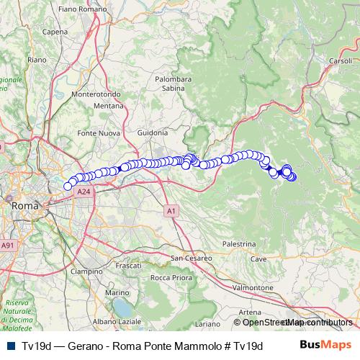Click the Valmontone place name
[252, 287]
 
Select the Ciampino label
[86, 271]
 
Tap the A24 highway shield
[84, 192]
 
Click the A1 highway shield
[170, 211]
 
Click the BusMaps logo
[325, 345]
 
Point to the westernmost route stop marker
[68, 186]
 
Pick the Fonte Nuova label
[96, 133]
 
